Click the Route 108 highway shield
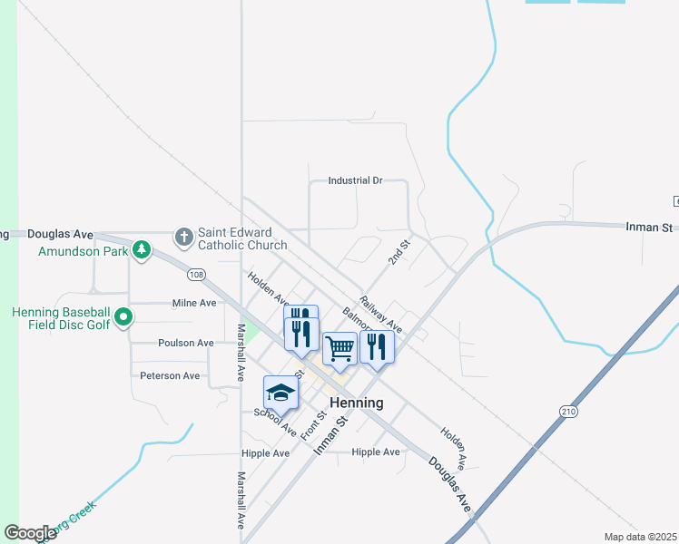point(196,274)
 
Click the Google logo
point(30,532)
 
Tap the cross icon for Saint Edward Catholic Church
point(184,238)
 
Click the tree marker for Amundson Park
point(142,248)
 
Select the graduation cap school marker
point(280,393)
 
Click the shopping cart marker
point(339,348)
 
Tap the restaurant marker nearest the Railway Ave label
point(377,346)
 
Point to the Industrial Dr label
point(355,180)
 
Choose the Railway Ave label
point(380,313)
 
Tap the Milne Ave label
point(194,303)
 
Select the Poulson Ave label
point(185,343)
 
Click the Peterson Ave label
point(170,375)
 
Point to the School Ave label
point(275,419)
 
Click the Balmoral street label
point(357,320)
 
